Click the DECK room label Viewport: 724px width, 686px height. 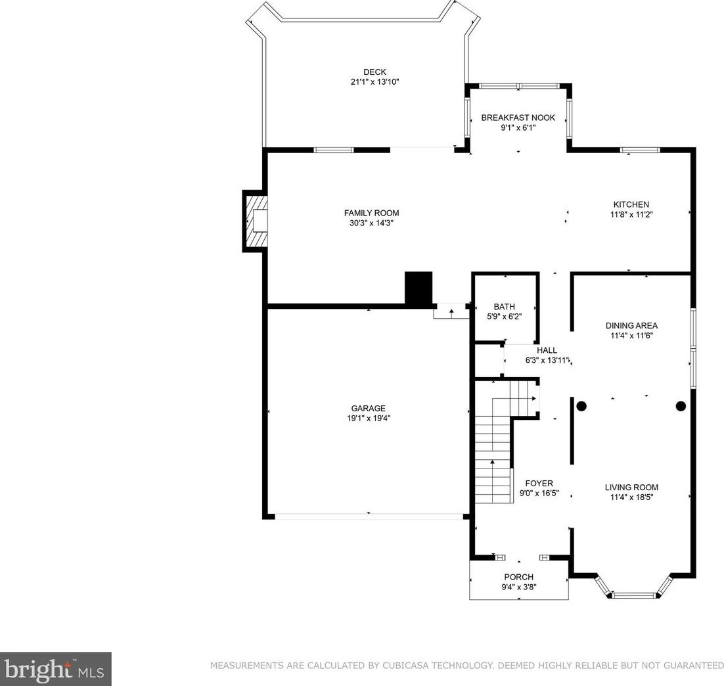tap(374, 72)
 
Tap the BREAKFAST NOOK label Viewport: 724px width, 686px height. tap(518, 118)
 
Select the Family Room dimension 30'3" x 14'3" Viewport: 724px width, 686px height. tap(371, 223)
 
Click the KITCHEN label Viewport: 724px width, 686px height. tap(631, 204)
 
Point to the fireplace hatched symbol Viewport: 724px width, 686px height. tap(256, 220)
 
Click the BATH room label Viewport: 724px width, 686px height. tap(504, 307)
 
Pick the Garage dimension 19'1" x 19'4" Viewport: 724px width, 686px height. tap(368, 419)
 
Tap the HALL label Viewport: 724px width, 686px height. tap(547, 351)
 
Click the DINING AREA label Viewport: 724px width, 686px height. tap(631, 326)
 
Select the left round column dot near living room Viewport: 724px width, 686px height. tap(581, 406)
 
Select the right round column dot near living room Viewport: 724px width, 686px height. tap(681, 406)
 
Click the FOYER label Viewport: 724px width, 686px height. tap(539, 484)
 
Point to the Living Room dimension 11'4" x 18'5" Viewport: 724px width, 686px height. tap(631, 497)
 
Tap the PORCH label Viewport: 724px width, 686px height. tap(519, 577)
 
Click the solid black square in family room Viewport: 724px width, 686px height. tap(419, 288)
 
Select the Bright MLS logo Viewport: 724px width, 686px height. tap(55, 669)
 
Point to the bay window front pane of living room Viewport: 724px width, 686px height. tap(633, 595)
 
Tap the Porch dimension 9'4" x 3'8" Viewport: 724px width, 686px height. tap(519, 587)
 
